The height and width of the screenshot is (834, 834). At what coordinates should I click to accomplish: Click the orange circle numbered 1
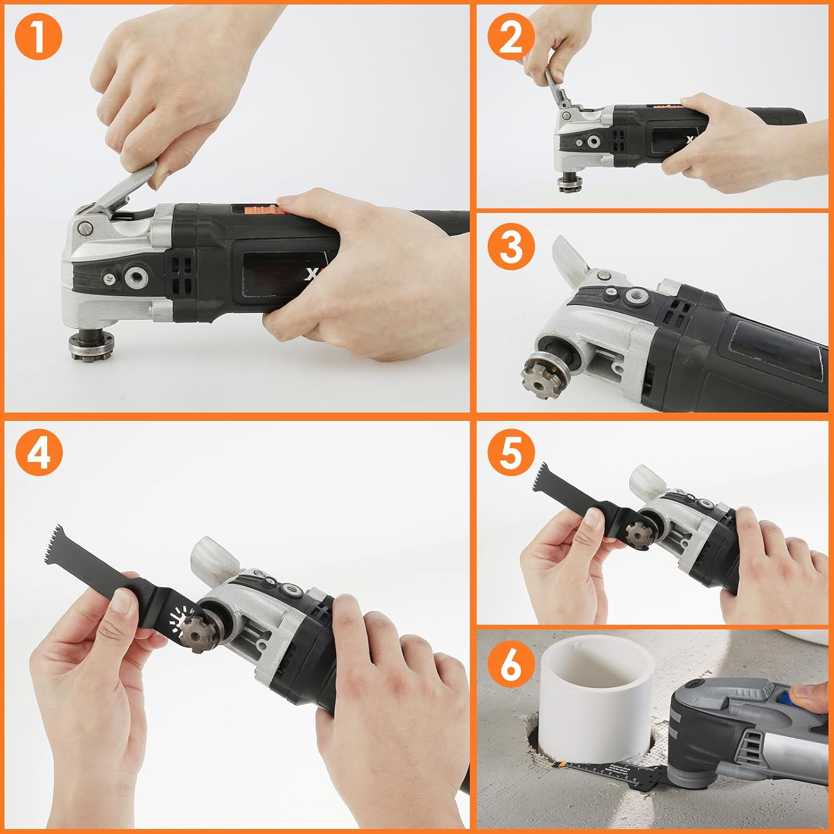(x=38, y=36)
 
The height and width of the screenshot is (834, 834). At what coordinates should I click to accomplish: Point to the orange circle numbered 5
(x=511, y=452)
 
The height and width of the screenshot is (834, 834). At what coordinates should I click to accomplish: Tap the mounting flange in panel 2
(x=568, y=182)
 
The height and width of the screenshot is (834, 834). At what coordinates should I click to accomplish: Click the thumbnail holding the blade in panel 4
(x=122, y=602)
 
